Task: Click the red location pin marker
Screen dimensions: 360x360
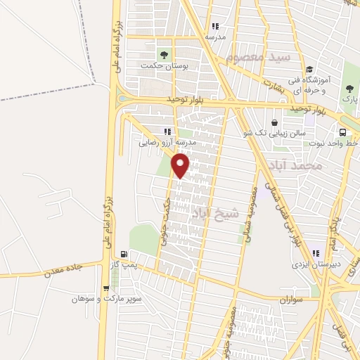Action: click(x=181, y=166)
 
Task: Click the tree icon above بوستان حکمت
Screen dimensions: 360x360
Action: click(x=164, y=53)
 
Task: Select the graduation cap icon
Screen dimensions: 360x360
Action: click(x=309, y=68)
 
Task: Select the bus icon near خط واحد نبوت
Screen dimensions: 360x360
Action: click(x=342, y=132)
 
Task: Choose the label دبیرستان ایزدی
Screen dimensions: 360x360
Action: click(x=316, y=265)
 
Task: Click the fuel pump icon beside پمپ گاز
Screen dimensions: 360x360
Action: click(x=124, y=255)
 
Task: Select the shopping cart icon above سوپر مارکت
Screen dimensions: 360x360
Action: click(x=105, y=287)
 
